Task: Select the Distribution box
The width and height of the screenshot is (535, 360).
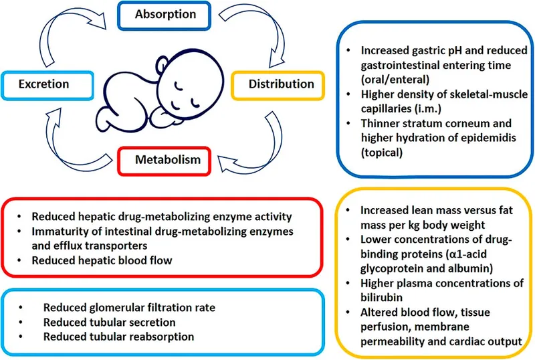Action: (273, 84)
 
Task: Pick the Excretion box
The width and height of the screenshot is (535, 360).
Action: (43, 85)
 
